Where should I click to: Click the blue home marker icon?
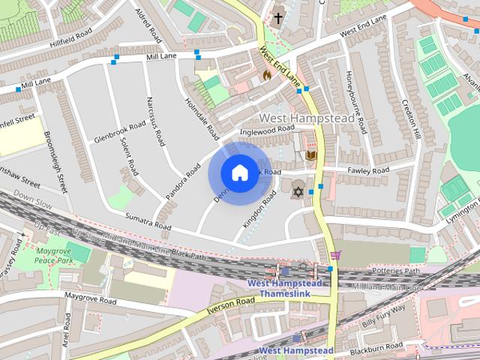tap(239, 172)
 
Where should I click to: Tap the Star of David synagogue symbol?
tap(298, 191)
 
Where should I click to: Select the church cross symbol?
tap(278, 16)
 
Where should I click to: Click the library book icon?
tap(311, 155)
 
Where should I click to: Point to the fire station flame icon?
tap(265, 75)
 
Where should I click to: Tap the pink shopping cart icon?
tap(334, 255)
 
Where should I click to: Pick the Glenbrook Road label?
tap(120, 132)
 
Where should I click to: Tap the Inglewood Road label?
tap(266, 130)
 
